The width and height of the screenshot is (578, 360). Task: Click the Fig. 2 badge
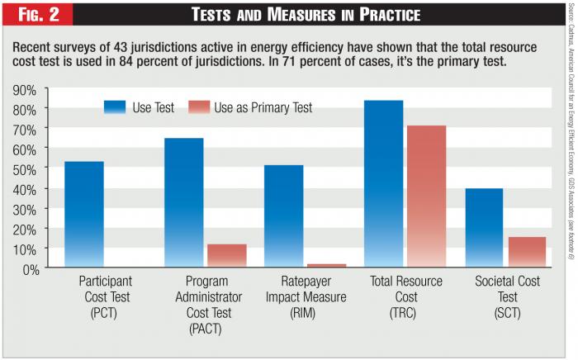tap(38, 15)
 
